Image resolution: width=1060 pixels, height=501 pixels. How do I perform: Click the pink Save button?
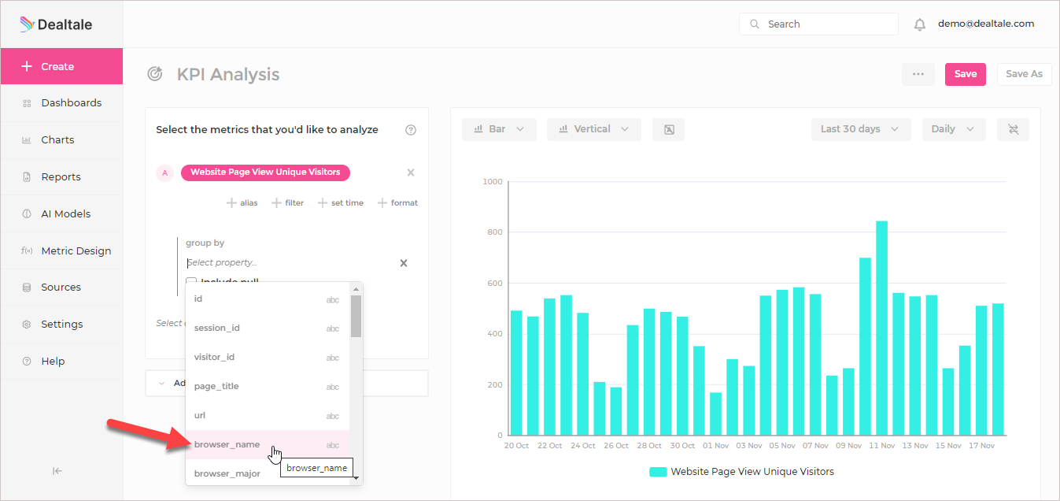(x=965, y=74)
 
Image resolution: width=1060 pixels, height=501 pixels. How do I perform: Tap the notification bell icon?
(x=919, y=24)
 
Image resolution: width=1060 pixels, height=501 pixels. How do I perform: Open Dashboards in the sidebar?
(x=71, y=103)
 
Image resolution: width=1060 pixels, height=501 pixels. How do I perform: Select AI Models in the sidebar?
(x=65, y=214)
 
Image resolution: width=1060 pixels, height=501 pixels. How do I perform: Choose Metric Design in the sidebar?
(x=76, y=251)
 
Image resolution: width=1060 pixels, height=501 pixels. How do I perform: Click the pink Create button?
(x=61, y=67)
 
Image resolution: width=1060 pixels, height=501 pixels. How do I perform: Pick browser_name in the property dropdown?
(x=227, y=445)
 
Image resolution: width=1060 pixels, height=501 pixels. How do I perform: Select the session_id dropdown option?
(x=217, y=328)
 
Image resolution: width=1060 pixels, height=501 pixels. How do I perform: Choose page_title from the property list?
(x=216, y=387)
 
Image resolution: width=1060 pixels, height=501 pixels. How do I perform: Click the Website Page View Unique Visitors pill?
(x=265, y=173)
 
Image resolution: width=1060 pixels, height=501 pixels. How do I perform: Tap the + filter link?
(x=288, y=203)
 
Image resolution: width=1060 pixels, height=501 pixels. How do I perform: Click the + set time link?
(x=341, y=203)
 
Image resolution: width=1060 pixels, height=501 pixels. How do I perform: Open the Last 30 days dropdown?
(x=860, y=129)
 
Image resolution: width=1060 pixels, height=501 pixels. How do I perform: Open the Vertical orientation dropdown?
(x=593, y=129)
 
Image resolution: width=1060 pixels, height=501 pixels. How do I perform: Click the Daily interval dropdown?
(x=953, y=129)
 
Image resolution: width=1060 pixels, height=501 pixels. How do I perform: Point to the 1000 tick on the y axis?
(x=493, y=182)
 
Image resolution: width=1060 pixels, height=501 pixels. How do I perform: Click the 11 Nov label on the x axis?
(x=882, y=446)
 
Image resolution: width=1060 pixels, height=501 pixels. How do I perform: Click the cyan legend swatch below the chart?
(x=658, y=472)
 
